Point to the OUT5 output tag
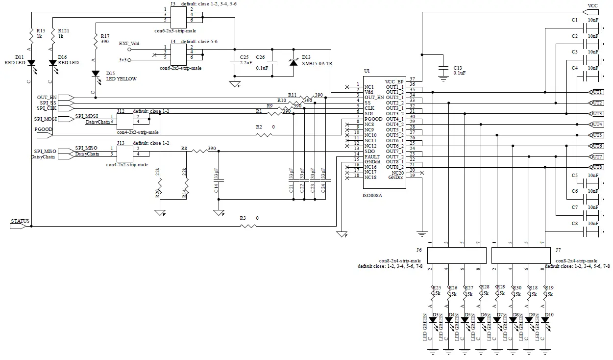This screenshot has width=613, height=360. pos(596,135)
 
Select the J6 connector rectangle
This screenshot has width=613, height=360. pos(457,256)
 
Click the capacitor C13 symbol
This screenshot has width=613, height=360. pos(443,69)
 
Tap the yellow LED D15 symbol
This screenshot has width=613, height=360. pos(96,74)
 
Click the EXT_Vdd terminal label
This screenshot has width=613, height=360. pos(129,44)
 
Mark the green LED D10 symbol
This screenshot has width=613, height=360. pos(545,319)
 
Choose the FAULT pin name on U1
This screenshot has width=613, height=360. pos(371,156)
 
